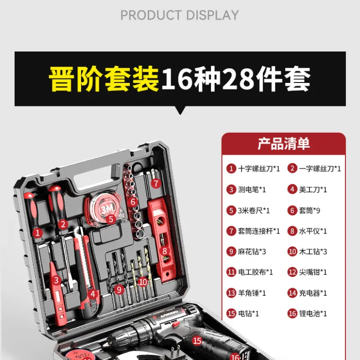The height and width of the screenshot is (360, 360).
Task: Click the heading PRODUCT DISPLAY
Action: tap(180, 15)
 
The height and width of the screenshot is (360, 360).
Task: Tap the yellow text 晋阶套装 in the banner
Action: tap(104, 79)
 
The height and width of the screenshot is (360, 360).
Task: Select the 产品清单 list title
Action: tap(284, 144)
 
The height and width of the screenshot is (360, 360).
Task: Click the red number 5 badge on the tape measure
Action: tap(111, 219)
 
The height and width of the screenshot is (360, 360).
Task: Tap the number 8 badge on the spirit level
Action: tap(165, 251)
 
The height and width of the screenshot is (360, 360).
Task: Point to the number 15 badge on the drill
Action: tap(197, 341)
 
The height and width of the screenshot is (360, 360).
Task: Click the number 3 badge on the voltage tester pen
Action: tap(56, 280)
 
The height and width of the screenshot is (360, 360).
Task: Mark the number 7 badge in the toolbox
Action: tap(156, 183)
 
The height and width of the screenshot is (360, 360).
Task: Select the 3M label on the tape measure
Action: tap(107, 209)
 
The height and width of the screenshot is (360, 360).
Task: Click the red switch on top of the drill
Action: tap(175, 324)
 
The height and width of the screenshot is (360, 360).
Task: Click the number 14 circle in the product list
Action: tap(292, 293)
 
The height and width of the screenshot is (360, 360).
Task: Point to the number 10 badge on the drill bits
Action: tap(142, 282)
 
